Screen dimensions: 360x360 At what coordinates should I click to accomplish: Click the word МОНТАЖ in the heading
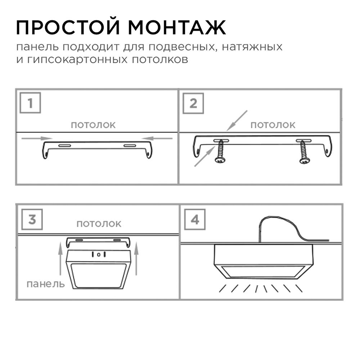click(x=177, y=27)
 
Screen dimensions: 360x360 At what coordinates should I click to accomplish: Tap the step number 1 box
click(x=30, y=103)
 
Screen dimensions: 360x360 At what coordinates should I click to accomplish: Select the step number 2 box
click(x=193, y=103)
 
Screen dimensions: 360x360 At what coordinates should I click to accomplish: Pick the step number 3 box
click(x=32, y=220)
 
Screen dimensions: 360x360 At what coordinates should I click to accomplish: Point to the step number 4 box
click(x=195, y=220)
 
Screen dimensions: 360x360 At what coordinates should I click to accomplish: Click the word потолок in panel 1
click(x=93, y=125)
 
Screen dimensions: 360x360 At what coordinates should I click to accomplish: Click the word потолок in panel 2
click(x=273, y=125)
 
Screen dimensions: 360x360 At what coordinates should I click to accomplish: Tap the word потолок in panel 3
click(x=99, y=224)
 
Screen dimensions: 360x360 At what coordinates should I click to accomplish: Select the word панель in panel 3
click(x=46, y=284)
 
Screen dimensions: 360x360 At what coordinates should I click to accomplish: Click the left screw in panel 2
click(x=220, y=152)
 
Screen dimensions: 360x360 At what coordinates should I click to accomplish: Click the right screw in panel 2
click(x=304, y=152)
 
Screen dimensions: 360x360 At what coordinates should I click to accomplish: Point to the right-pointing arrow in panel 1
click(x=37, y=138)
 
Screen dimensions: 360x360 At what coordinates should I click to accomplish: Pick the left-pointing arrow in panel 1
click(x=157, y=138)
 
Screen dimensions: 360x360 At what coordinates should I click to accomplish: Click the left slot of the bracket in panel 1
click(x=64, y=145)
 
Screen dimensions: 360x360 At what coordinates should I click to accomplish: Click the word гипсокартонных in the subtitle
click(x=77, y=60)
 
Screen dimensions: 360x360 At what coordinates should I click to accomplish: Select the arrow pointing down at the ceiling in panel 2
click(x=237, y=121)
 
